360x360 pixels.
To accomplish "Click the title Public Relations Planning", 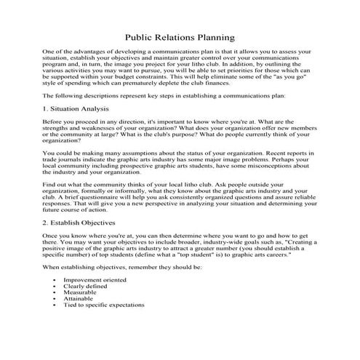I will point(180,36).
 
